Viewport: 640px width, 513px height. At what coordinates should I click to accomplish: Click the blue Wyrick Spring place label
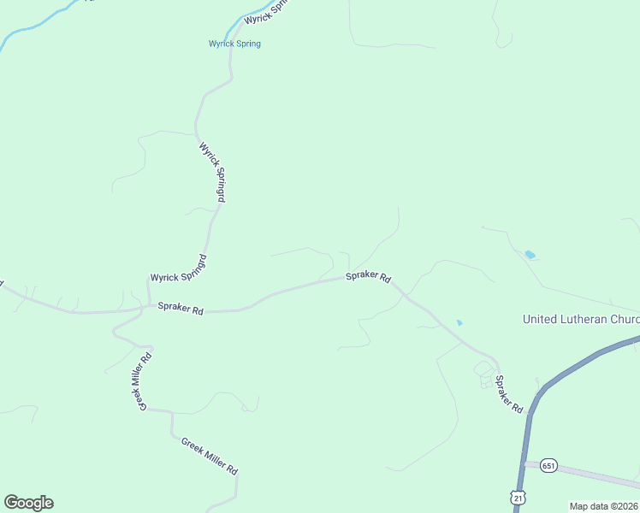(234, 44)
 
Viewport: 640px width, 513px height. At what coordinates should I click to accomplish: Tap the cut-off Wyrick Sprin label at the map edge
(267, 12)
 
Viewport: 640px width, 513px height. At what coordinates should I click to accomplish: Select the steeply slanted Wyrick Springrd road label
(211, 172)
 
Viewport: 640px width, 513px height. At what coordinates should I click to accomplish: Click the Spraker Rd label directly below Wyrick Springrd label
(180, 310)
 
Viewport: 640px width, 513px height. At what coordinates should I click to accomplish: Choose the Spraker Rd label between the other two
(368, 278)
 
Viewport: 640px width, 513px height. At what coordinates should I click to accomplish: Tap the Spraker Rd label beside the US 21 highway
(508, 394)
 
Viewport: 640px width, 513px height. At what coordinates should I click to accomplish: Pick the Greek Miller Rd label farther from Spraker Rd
(209, 457)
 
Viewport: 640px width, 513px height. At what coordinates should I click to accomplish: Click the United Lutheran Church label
(581, 319)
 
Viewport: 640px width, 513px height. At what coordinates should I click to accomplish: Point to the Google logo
(28, 503)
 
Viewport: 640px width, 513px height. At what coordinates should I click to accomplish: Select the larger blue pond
(530, 255)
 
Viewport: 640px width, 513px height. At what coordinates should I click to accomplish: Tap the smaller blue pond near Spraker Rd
(459, 322)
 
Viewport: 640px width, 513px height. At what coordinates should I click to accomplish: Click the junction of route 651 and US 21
(524, 463)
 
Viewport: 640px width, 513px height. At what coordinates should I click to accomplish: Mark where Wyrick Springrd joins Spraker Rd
(146, 304)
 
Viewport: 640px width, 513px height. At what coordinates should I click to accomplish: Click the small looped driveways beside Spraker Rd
(484, 374)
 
